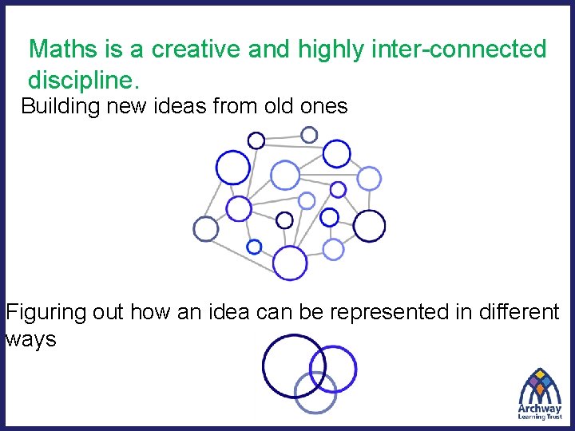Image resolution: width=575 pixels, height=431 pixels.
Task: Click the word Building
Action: coord(58,106)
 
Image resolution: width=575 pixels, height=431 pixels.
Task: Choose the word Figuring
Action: coord(45,312)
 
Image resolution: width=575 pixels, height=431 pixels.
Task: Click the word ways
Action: coord(30,339)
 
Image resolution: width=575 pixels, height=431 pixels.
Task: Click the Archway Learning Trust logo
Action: coord(541,393)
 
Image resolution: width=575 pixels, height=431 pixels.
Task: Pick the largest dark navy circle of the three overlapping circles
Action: coord(293,366)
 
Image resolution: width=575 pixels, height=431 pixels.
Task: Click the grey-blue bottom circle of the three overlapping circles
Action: coord(316,393)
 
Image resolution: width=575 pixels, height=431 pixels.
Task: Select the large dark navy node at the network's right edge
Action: coord(369,226)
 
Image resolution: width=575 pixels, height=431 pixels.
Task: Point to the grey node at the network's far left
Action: coord(205,229)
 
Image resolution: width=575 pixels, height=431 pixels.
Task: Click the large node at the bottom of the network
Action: coord(290,263)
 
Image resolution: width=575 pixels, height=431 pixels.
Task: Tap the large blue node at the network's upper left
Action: coord(233,168)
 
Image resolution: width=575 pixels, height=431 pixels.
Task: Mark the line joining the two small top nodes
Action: coord(283,137)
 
